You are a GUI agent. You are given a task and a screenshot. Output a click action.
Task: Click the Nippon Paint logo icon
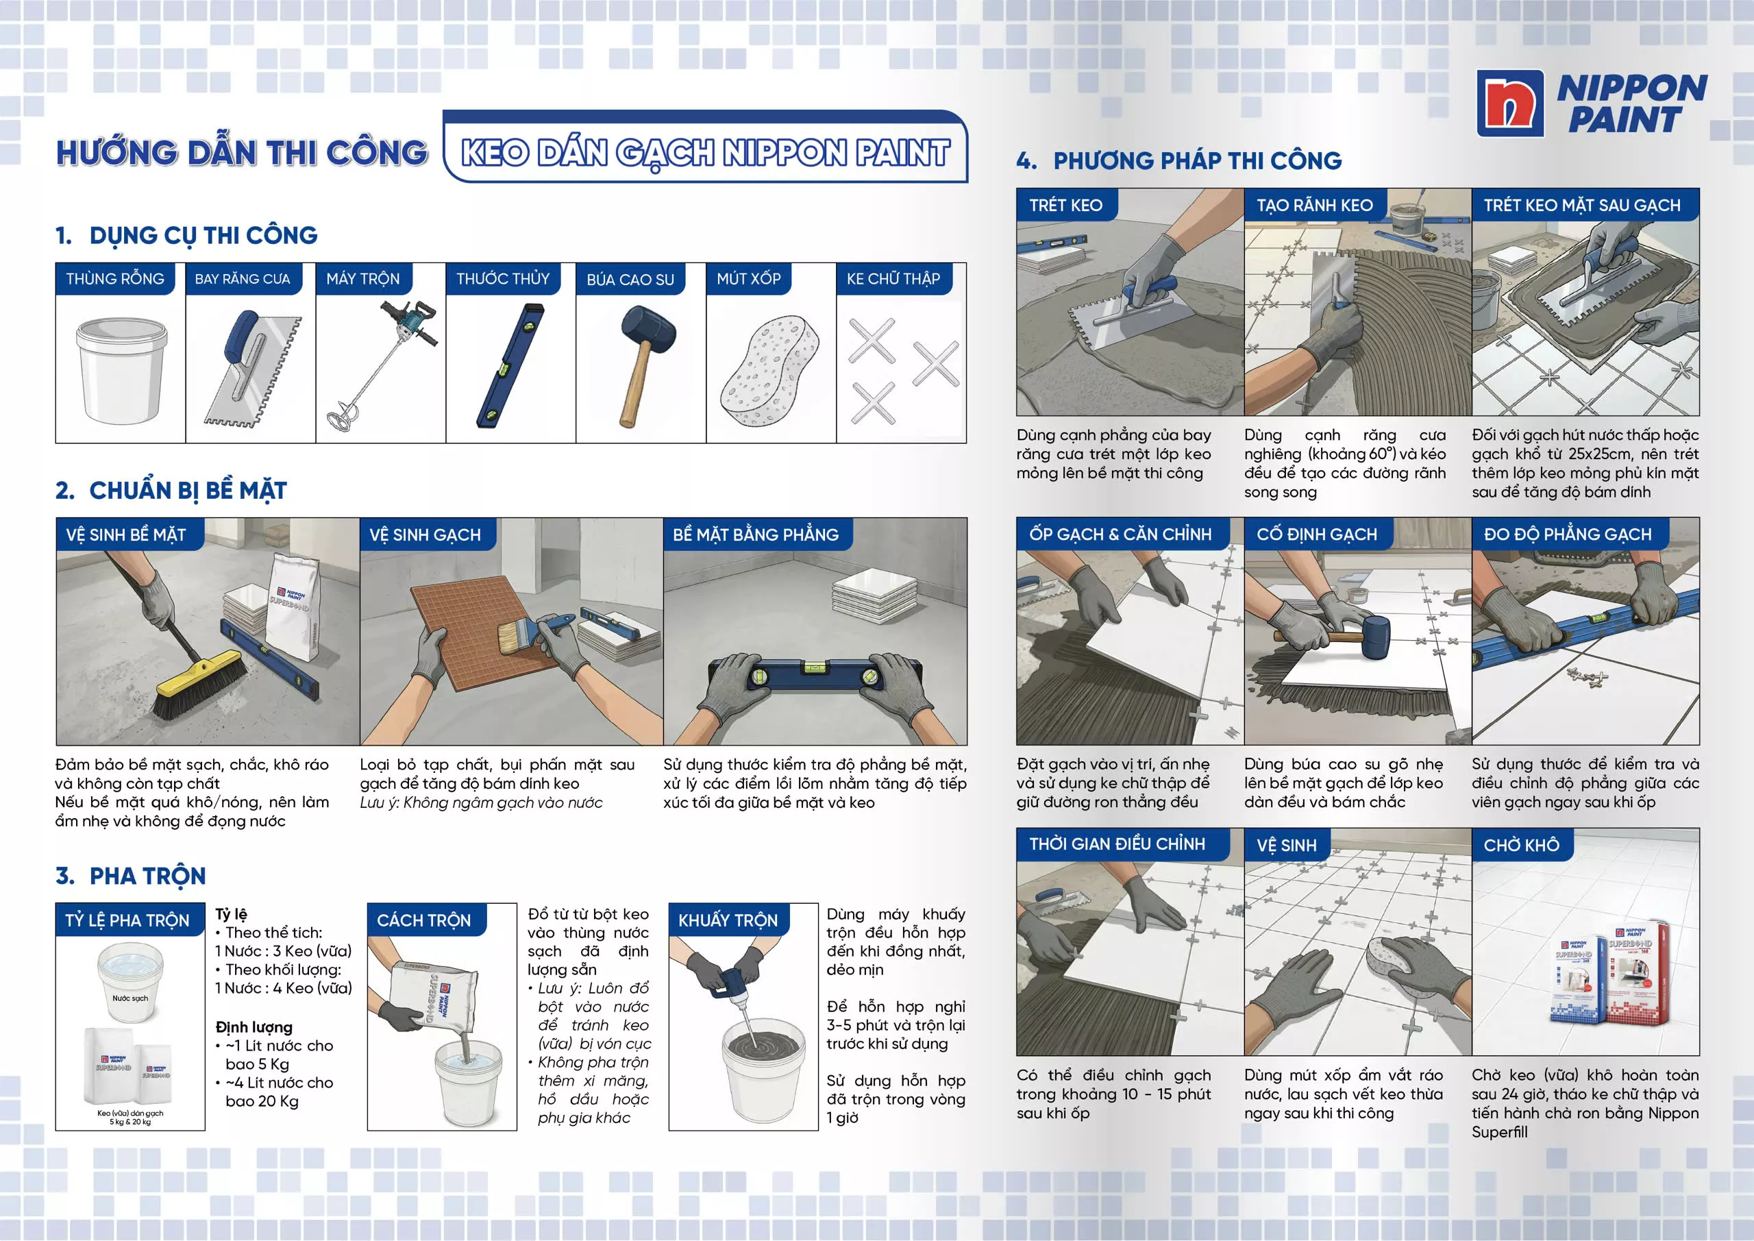pos(1509,103)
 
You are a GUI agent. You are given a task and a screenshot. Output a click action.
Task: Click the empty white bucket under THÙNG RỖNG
pos(121,370)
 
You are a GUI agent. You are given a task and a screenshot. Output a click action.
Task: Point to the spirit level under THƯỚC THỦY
pos(511,365)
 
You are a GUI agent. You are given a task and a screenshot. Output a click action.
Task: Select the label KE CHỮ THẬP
pos(893,279)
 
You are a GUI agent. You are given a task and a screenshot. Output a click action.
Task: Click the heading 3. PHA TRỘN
pos(131,876)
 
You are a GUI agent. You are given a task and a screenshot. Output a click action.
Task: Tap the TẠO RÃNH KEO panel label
pos(1315,205)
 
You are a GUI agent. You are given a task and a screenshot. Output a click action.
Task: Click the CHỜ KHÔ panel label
pos(1522,845)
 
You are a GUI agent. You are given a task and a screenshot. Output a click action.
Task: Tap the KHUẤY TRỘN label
pos(728,920)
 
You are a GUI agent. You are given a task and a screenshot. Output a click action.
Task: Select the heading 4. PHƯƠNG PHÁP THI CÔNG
pos(1178,160)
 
